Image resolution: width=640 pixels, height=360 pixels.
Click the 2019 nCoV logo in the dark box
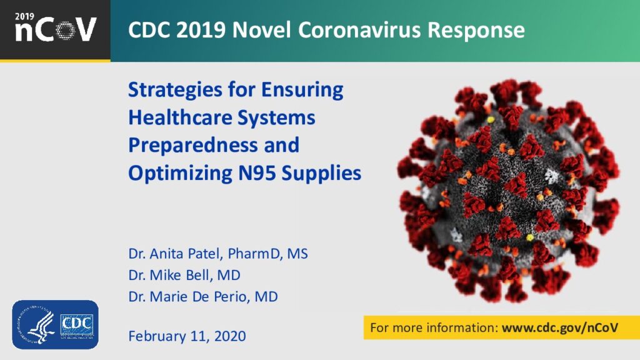[x=55, y=27]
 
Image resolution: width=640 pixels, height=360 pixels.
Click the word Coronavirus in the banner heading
[x=359, y=30]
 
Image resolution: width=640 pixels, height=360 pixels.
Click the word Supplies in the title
[x=321, y=174]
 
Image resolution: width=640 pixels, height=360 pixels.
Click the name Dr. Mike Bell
[x=171, y=275]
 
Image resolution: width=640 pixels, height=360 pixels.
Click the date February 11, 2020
[x=187, y=336]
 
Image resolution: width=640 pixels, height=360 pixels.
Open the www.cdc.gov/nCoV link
[x=560, y=327]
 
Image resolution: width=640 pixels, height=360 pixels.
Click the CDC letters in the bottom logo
[x=77, y=325]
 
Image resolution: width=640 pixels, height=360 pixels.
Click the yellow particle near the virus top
[x=491, y=120]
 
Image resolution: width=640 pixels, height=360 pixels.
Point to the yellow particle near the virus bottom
[x=529, y=237]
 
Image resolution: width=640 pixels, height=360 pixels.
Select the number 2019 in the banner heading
[x=201, y=30]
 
